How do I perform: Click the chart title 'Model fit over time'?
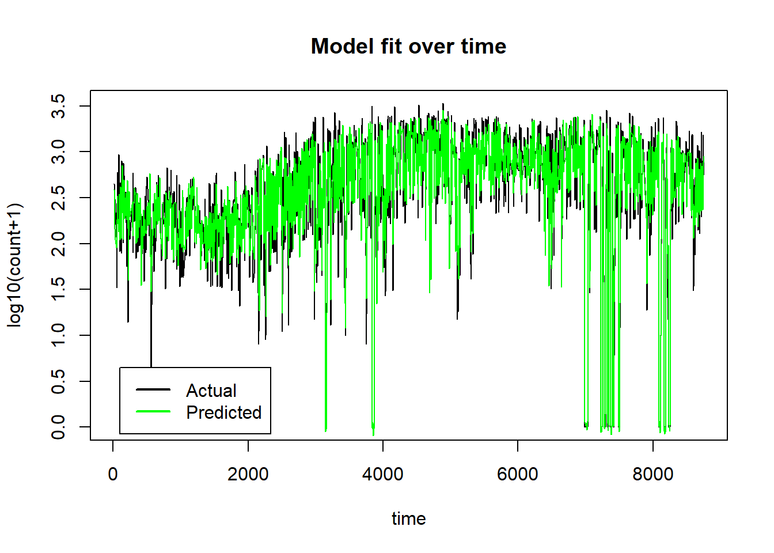pyautogui.click(x=408, y=46)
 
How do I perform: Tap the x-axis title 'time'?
pyautogui.click(x=408, y=518)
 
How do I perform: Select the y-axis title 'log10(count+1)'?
pyautogui.click(x=14, y=265)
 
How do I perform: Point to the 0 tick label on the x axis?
pyautogui.click(x=113, y=474)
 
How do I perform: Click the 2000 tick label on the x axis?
pyautogui.click(x=248, y=474)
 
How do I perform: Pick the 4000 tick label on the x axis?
pyautogui.click(x=382, y=474)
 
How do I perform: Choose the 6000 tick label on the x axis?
pyautogui.click(x=517, y=474)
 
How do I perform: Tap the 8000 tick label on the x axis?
pyautogui.click(x=652, y=474)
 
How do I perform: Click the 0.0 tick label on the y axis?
pyautogui.click(x=58, y=427)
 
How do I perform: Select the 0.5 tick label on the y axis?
pyautogui.click(x=58, y=381)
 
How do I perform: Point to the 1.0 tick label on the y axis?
pyautogui.click(x=58, y=335)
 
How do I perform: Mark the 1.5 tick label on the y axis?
pyautogui.click(x=58, y=289)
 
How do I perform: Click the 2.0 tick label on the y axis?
pyautogui.click(x=58, y=244)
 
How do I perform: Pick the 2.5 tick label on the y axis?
pyautogui.click(x=58, y=198)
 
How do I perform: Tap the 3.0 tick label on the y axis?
pyautogui.click(x=58, y=151)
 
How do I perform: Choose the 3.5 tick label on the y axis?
pyautogui.click(x=58, y=106)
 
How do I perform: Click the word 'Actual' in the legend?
pyautogui.click(x=211, y=391)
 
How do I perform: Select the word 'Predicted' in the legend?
pyautogui.click(x=224, y=412)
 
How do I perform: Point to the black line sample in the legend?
pyautogui.click(x=153, y=390)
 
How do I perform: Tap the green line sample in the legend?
pyautogui.click(x=153, y=411)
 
